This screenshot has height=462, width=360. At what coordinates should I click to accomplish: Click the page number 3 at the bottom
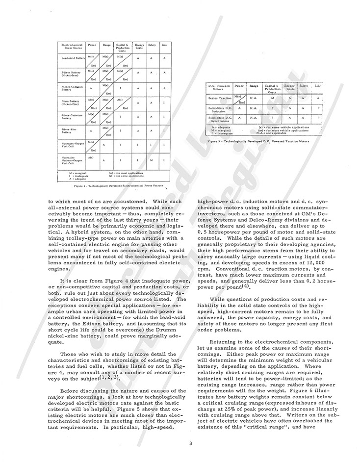coord(180,443)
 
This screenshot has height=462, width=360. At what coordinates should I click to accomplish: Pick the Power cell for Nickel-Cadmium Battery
coord(91,88)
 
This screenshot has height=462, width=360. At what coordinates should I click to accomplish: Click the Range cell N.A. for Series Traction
coord(254,98)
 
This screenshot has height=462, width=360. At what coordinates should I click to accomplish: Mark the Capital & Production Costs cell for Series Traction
coord(273,98)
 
